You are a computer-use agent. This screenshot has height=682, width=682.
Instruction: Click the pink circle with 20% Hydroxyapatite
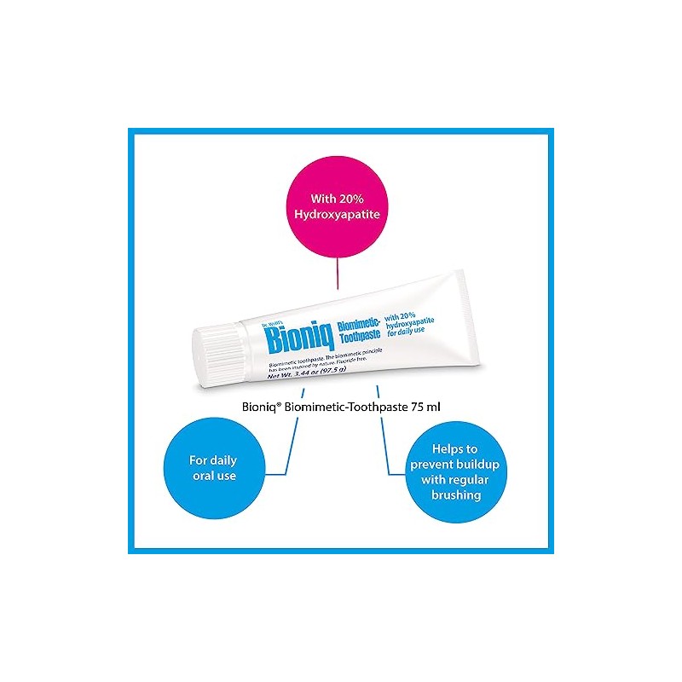click(339, 201)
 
